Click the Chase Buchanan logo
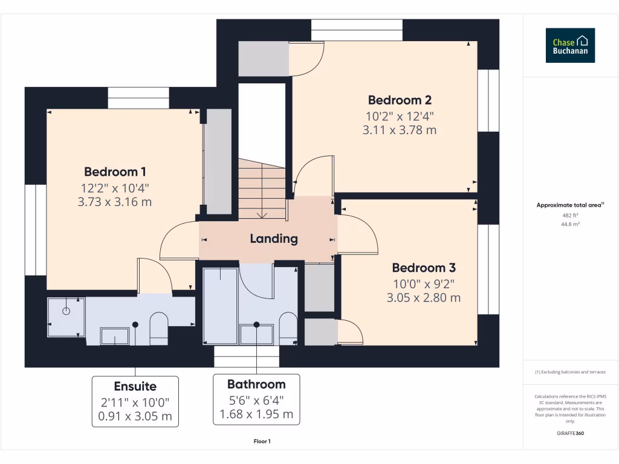pos(570,45)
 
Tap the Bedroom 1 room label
pos(115,172)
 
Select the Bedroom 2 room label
pos(400,100)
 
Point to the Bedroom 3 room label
pos(424,268)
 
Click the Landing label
pos(274,239)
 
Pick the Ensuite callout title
pos(135,387)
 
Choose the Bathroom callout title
pos(256,384)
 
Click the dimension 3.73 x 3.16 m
pos(115,202)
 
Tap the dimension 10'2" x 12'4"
pos(400,115)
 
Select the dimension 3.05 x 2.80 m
pos(424,297)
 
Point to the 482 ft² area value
pos(571,215)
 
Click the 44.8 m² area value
pos(571,224)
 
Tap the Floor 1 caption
pos(262,442)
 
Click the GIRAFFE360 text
pos(571,433)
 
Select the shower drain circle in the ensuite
pos(66,311)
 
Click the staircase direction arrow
pos(262,214)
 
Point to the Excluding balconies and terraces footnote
pos(570,372)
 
